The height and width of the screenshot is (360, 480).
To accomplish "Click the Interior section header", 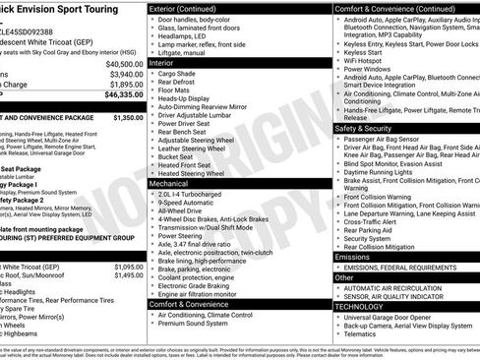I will pos(168,62).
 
